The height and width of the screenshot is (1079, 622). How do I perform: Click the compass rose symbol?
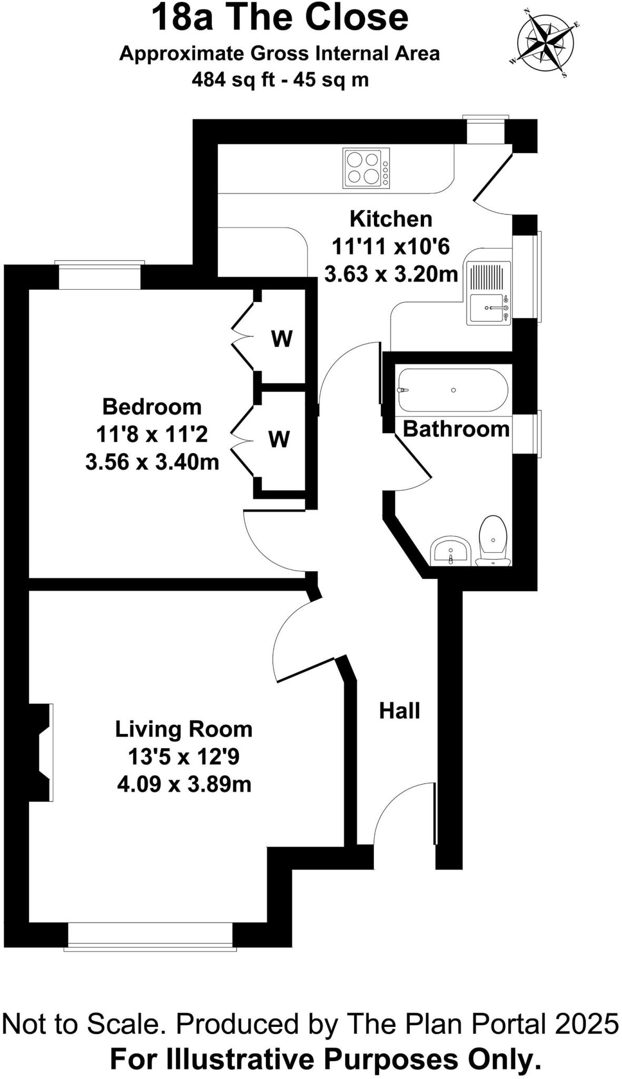(x=545, y=41)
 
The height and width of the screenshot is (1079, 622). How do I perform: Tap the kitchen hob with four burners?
(x=367, y=168)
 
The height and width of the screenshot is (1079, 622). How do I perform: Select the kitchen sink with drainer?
(x=489, y=293)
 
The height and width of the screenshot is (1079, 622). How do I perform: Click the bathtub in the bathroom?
(x=453, y=390)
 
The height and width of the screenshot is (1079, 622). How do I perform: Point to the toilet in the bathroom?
(x=493, y=541)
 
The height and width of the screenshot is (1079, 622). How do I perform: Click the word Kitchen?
(x=391, y=219)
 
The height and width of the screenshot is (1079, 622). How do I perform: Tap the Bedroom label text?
(x=152, y=407)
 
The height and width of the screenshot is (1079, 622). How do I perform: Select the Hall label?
(x=399, y=711)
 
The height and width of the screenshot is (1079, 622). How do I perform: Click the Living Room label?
(x=184, y=730)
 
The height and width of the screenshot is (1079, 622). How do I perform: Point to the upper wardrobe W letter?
(x=282, y=339)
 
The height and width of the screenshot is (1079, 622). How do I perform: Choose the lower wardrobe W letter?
(x=279, y=439)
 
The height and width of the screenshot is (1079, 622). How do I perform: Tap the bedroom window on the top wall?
(x=100, y=275)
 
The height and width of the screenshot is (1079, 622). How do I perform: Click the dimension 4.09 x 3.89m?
(x=184, y=784)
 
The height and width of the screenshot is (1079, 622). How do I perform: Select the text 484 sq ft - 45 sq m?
(x=280, y=80)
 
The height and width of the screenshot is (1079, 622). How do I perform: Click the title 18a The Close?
(x=280, y=18)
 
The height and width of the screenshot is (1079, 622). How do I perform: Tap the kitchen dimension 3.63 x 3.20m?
(x=391, y=274)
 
